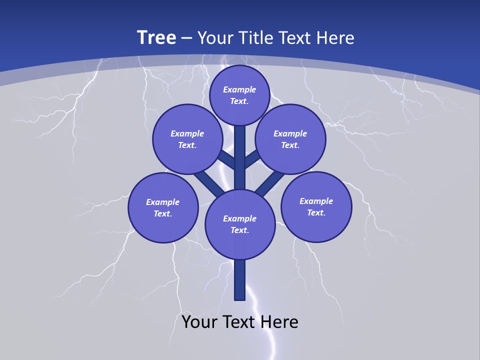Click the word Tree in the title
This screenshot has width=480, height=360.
click(x=156, y=38)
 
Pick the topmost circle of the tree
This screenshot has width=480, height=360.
click(x=239, y=95)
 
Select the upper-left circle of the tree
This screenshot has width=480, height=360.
click(x=187, y=139)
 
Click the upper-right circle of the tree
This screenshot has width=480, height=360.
click(x=290, y=139)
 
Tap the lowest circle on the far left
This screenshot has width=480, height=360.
click(x=163, y=207)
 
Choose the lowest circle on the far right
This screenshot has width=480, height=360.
click(x=316, y=206)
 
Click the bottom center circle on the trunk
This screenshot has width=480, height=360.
click(x=240, y=224)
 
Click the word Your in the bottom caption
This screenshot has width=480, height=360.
click(x=199, y=322)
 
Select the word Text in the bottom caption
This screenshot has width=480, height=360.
click(x=239, y=322)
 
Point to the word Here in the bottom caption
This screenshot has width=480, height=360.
click(x=280, y=322)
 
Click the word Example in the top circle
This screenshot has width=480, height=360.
click(x=239, y=89)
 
